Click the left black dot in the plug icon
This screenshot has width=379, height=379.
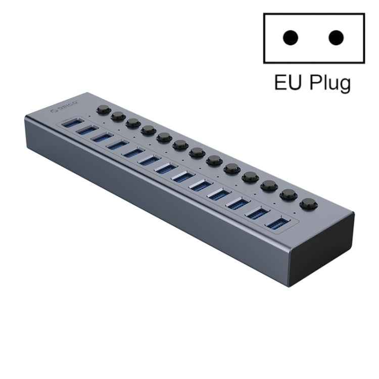point(290,37)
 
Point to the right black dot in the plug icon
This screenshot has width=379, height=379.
point(336,37)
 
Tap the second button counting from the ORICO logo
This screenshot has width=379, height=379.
point(118,116)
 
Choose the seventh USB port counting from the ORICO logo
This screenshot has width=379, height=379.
point(165,168)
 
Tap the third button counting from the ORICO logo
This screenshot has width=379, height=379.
point(133,123)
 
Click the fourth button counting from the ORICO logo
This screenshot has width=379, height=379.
point(148,130)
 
